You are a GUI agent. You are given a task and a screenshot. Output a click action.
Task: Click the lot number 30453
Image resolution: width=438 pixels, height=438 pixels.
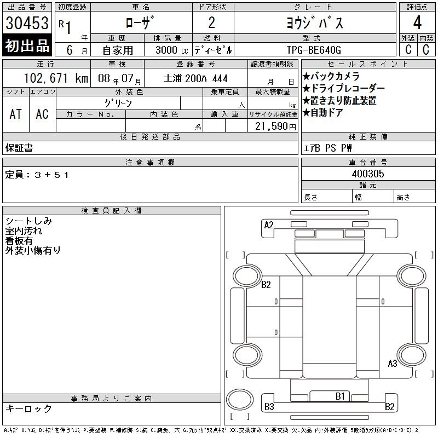(27, 23)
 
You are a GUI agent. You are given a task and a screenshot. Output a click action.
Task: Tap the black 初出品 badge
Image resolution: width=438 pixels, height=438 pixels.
(27, 45)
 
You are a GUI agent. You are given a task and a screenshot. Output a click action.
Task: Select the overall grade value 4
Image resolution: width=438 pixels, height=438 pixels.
(417, 22)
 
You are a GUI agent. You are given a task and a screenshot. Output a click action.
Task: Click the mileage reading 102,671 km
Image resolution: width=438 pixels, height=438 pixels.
(56, 78)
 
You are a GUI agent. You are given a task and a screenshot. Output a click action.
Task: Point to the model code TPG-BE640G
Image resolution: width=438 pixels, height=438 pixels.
(314, 50)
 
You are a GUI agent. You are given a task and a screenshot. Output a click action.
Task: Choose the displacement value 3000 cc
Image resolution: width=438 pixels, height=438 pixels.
(171, 50)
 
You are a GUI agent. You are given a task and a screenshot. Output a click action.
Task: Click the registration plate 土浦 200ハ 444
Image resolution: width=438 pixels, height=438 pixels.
(195, 78)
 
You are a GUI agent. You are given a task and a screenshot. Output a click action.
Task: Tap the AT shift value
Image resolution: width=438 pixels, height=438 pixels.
(16, 114)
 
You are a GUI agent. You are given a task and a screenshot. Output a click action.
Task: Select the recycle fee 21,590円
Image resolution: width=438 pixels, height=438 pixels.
(275, 126)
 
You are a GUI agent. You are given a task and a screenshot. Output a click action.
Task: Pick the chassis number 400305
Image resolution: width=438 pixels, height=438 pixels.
(368, 174)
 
